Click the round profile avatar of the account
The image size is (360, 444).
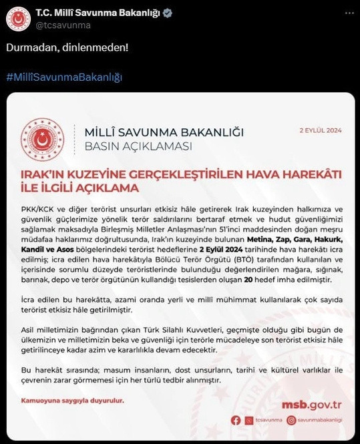point(17,19)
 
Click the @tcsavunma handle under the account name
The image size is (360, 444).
point(62,25)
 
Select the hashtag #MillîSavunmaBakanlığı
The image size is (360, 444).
point(64,77)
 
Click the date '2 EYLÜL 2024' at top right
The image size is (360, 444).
point(320,131)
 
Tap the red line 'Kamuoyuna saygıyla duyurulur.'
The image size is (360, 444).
point(73,401)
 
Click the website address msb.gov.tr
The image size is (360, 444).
point(312,404)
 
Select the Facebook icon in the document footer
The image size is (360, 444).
point(235,420)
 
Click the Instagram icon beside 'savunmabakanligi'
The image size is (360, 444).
point(291,420)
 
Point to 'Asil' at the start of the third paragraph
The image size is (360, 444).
point(29,330)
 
